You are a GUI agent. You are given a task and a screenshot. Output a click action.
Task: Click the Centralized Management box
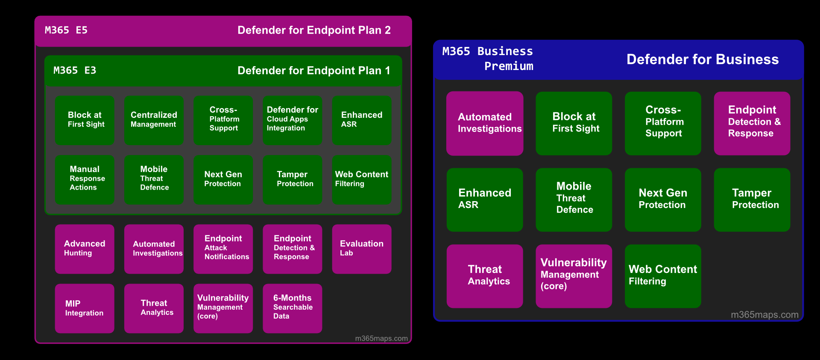[x=154, y=120]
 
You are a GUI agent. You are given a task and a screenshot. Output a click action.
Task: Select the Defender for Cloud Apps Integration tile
[x=293, y=120]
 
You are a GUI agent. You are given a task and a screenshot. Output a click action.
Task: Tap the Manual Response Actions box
[x=85, y=180]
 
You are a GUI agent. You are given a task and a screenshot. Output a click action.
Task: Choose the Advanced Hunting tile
[x=85, y=249]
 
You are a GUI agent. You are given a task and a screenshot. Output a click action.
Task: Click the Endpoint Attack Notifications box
[x=223, y=249]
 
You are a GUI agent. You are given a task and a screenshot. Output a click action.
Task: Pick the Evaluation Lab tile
[x=362, y=249]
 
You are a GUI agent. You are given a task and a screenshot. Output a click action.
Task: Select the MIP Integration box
[x=85, y=308]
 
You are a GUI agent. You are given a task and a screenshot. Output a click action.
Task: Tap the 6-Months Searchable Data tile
[x=293, y=308]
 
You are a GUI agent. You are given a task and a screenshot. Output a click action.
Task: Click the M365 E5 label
[x=66, y=30]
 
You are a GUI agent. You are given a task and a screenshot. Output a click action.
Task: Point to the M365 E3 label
[x=75, y=70]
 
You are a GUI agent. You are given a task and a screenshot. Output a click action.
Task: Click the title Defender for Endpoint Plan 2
[x=314, y=30]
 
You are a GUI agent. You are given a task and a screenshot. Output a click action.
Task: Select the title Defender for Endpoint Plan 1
[x=314, y=70]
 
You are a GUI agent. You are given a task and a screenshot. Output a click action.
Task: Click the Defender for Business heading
[x=703, y=59]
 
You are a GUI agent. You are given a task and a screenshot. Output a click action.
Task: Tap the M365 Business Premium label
[x=488, y=59]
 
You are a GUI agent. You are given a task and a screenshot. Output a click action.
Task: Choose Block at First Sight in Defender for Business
[x=574, y=123]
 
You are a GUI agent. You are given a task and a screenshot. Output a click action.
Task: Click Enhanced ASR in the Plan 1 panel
[x=362, y=120]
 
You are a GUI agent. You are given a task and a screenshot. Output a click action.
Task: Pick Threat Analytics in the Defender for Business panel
[x=485, y=276]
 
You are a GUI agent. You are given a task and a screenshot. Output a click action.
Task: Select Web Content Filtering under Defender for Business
[x=663, y=276]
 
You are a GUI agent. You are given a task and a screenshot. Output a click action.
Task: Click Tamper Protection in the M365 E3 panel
[x=293, y=180]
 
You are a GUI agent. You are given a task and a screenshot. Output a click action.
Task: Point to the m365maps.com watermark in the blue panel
[x=764, y=315]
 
